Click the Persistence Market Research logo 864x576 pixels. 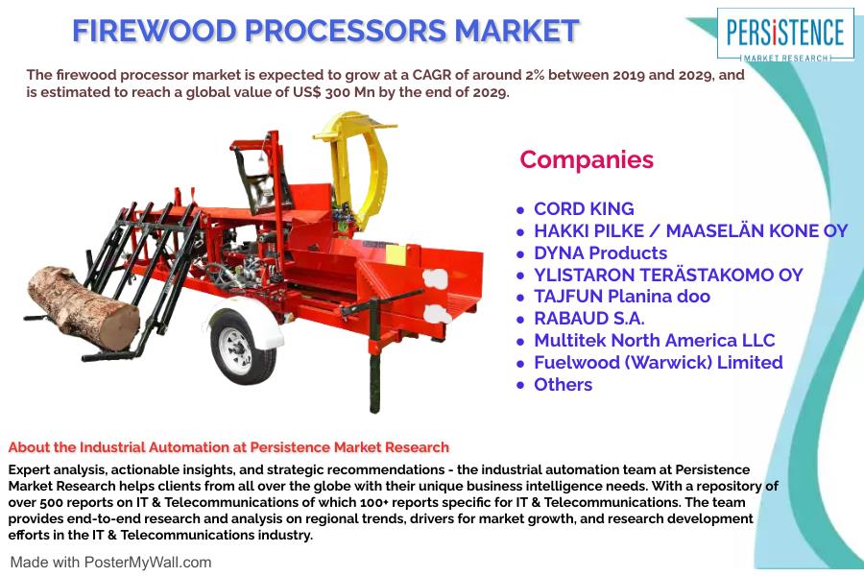click(x=785, y=35)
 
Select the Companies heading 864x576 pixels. click(x=587, y=159)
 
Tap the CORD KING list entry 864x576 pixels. click(x=584, y=209)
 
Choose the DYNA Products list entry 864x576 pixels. click(x=601, y=253)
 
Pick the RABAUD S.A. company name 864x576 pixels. click(x=589, y=319)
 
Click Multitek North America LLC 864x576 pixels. click(x=655, y=341)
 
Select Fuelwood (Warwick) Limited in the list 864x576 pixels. click(x=659, y=363)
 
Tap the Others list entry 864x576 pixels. click(x=564, y=385)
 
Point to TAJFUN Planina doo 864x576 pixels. click(x=622, y=297)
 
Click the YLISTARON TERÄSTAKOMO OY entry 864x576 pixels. click(x=668, y=275)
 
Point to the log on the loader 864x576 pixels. click(x=84, y=307)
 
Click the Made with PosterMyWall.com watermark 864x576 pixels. click(x=110, y=563)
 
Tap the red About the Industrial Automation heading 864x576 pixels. click(x=228, y=447)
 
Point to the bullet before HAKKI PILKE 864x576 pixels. click(x=520, y=232)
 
